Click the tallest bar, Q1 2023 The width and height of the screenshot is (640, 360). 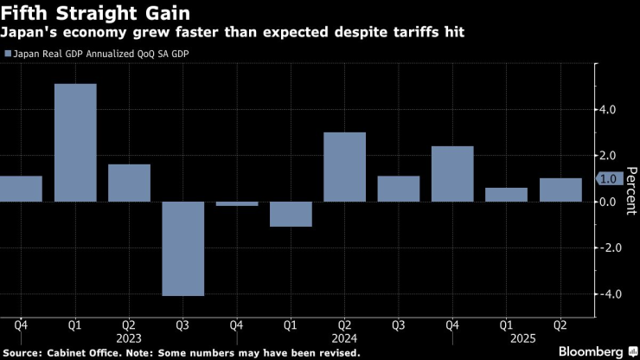(75, 143)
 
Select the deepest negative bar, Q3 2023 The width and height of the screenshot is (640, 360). (182, 248)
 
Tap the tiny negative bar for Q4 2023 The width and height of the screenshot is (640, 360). (236, 204)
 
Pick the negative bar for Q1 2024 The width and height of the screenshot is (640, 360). (291, 214)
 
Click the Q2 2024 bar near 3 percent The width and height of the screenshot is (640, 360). (344, 167)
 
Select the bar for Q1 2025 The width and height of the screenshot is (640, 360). (506, 195)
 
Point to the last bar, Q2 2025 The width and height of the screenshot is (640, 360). (560, 190)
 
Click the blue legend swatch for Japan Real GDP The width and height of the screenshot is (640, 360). (8, 54)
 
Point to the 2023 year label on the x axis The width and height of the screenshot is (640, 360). (129, 340)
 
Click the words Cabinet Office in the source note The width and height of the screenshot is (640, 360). (84, 353)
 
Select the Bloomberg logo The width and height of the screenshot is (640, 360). (591, 351)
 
